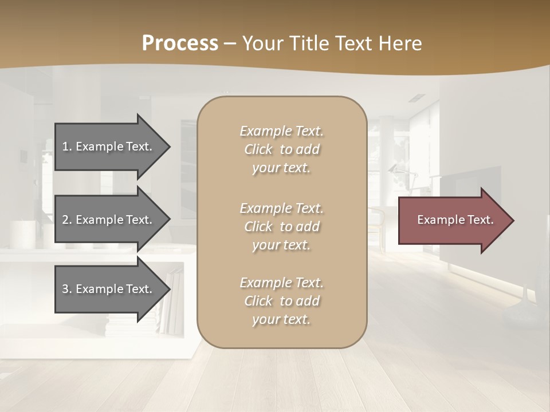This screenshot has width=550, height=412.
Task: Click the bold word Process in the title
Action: tap(180, 43)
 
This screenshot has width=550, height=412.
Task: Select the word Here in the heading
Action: tap(399, 43)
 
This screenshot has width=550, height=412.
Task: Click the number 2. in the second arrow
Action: tap(67, 220)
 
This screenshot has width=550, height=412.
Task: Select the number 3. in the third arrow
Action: tap(67, 289)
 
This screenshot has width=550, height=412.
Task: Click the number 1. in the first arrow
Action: tap(67, 146)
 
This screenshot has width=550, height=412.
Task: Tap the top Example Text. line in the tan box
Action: tap(281, 131)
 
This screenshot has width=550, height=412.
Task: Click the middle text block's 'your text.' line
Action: tap(281, 245)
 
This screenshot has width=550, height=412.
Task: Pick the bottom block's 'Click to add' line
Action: tap(281, 301)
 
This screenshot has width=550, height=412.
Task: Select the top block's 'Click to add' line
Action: tap(281, 149)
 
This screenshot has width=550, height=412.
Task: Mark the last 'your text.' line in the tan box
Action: tap(281, 319)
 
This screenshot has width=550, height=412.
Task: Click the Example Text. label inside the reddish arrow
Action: tap(455, 220)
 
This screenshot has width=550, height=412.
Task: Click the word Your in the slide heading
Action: tap(264, 43)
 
